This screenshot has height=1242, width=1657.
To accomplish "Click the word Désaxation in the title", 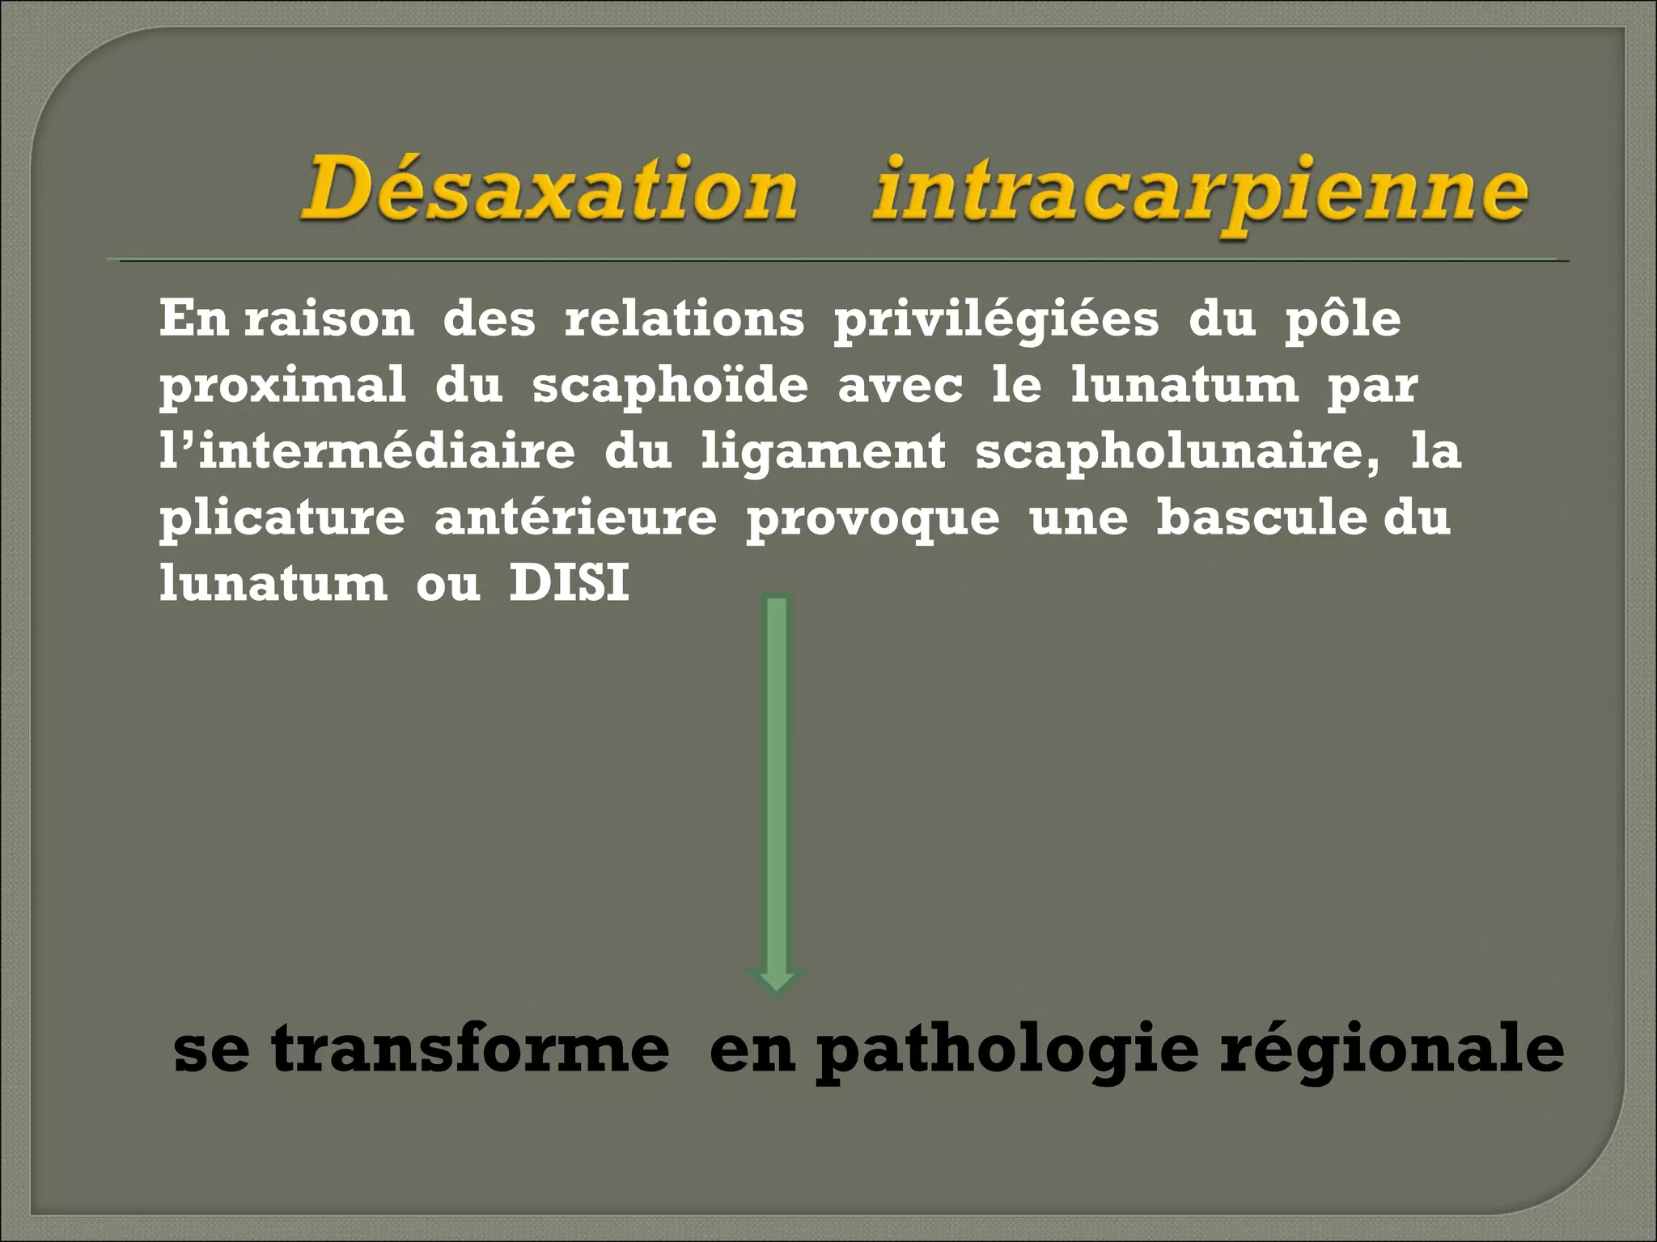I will pos(549,190).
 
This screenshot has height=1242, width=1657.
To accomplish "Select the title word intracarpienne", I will pos(1200,194).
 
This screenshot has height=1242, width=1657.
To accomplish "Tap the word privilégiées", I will pos(996,320).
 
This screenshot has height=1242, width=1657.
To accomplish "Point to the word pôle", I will pos(1343,320).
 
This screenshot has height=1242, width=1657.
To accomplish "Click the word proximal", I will pos(282,387).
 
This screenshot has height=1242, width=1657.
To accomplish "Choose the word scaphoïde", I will pos(670,385).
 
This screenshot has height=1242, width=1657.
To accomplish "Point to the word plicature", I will pos(282,518).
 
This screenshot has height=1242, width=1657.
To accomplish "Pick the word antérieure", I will pos(575,517).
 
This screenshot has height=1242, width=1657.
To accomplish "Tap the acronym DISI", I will pos(569,583).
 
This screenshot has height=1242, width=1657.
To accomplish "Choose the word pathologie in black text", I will pos(1006,1051).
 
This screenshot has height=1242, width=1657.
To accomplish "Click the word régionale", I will pos(1392,1051).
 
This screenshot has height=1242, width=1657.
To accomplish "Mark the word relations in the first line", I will pos(684,319).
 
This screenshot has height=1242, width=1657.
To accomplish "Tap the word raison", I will pos(328,319).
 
